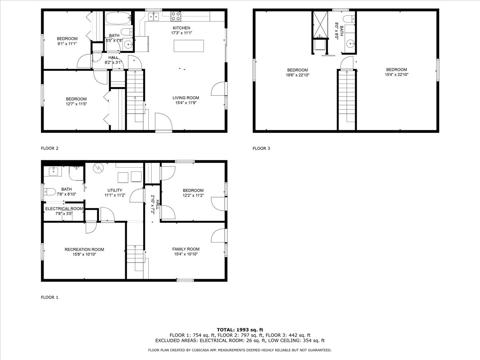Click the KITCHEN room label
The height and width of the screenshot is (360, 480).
point(181,28)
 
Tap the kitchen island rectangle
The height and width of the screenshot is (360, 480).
point(189,46)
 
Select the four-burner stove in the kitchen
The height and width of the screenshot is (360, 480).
point(176,16)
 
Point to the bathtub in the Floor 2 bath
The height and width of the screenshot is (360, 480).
point(118,18)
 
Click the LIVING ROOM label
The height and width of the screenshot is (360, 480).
point(186,98)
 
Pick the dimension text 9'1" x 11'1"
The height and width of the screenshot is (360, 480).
point(67,44)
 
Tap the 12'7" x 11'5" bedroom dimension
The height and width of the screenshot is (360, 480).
point(76,104)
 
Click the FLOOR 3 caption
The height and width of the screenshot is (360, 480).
point(261,148)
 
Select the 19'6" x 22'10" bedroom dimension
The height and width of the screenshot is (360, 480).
point(298,75)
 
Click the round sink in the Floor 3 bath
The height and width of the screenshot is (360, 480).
point(350,44)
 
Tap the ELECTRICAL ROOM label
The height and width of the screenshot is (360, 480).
point(64,209)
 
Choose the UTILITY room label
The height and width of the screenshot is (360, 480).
point(115,190)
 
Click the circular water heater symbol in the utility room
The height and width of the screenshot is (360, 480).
point(98,168)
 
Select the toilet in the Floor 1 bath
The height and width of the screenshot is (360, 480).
point(50,192)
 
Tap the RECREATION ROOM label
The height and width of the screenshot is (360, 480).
point(84,249)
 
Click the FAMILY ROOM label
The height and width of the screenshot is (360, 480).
point(186,249)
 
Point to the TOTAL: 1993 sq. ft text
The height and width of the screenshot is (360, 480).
point(240,330)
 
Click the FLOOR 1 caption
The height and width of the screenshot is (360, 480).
point(50,297)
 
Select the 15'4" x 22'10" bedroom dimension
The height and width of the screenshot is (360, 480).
point(397,74)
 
